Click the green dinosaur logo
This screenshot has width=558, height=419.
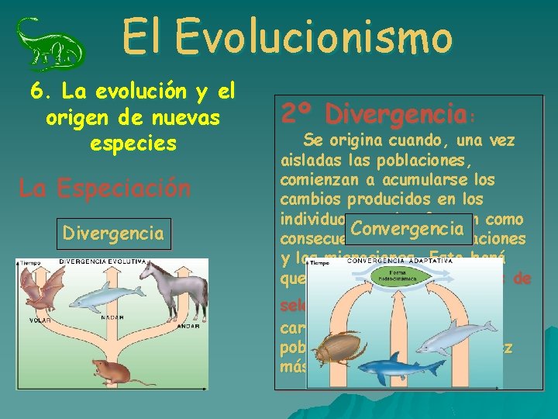(50, 44)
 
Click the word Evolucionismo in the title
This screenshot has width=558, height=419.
(313, 37)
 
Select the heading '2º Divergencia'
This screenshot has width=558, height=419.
(377, 115)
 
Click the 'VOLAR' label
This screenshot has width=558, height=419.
(30, 319)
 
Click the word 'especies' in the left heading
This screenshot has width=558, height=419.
(133, 144)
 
